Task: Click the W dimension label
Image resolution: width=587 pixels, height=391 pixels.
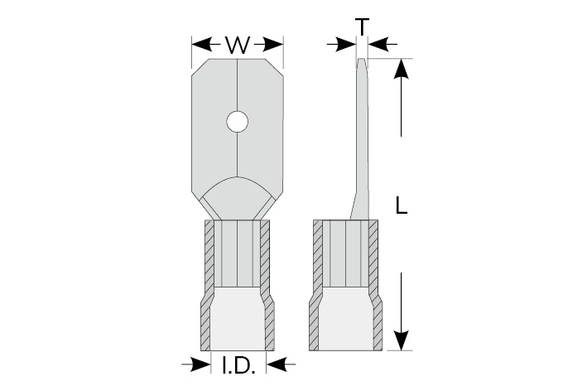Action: (238, 46)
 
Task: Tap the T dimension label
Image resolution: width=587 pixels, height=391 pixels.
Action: (362, 27)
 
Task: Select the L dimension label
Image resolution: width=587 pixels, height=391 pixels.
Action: (402, 205)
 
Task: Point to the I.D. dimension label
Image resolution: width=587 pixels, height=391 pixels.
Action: (238, 365)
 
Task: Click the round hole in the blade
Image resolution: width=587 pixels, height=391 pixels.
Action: (238, 121)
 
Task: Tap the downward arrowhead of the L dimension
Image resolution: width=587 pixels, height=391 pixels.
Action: (401, 340)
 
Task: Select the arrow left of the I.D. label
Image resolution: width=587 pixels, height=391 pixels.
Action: (195, 364)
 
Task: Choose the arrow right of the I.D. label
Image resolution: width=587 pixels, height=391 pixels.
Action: (281, 364)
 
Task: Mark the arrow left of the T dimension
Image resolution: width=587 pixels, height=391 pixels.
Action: (341, 44)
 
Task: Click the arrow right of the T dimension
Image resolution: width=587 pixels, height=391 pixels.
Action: (383, 44)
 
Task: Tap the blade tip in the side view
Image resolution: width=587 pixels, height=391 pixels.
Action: (361, 59)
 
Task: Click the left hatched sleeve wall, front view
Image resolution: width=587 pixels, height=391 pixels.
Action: (208, 286)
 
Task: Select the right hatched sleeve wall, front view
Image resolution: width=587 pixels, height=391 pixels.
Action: (267, 286)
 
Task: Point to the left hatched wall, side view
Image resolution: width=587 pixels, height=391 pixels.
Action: (316, 286)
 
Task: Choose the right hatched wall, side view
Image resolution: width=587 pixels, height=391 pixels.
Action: (375, 286)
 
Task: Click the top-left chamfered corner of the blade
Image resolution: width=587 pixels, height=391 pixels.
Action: (200, 68)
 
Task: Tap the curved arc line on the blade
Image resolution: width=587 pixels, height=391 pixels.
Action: (238, 186)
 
